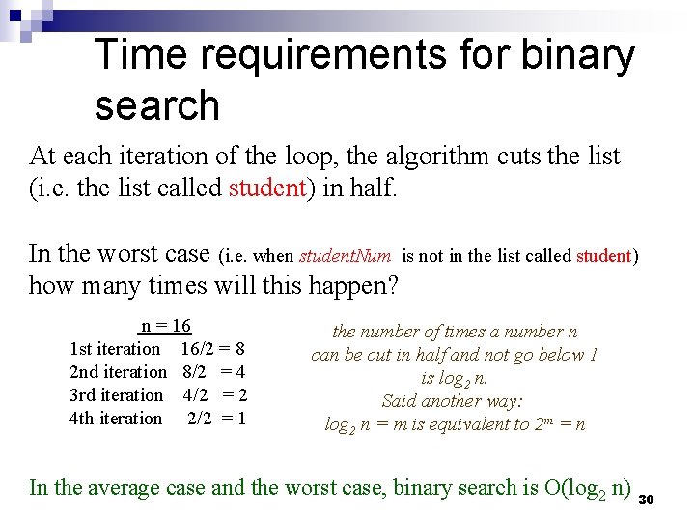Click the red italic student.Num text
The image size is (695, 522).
(x=345, y=256)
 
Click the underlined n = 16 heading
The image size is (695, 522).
(x=165, y=326)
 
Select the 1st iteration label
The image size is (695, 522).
(x=115, y=349)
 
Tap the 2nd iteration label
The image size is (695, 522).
(x=118, y=372)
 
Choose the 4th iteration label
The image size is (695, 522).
(x=116, y=419)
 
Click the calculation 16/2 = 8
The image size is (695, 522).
(x=212, y=349)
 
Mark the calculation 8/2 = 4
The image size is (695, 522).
(x=213, y=372)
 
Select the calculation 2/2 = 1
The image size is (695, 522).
(x=216, y=419)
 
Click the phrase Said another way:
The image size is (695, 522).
(x=454, y=400)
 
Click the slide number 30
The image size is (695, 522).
(x=648, y=498)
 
